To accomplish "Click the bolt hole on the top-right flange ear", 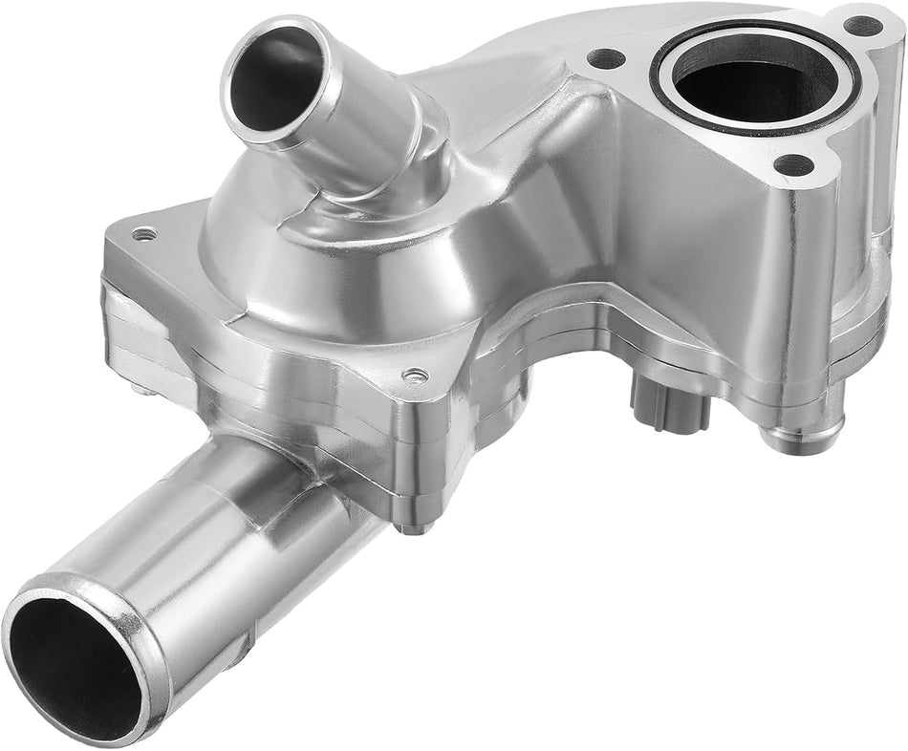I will [863, 26].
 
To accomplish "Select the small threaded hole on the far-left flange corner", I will [143, 233].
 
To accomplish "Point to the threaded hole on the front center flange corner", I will [415, 375].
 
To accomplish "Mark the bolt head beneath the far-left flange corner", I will [142, 387].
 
